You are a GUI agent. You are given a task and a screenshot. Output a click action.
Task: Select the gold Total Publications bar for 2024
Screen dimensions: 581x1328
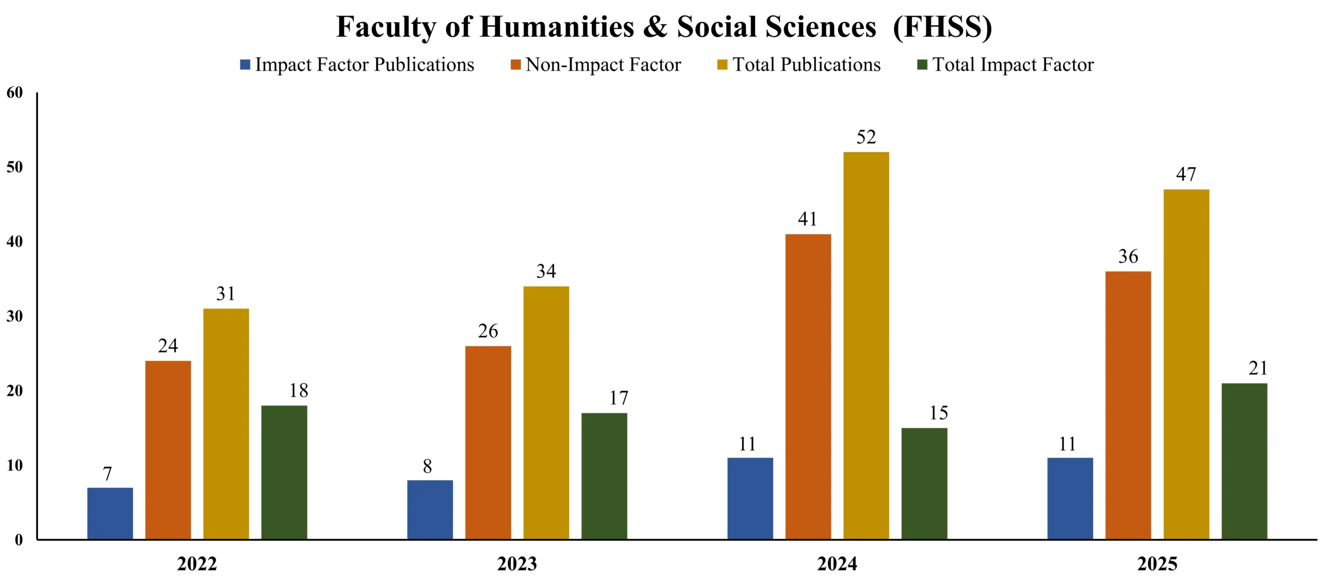click(866, 345)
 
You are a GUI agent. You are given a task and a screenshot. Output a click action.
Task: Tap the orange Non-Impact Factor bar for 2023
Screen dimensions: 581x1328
click(488, 442)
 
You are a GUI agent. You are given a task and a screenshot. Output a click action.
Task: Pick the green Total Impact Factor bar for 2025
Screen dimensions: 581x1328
click(1244, 461)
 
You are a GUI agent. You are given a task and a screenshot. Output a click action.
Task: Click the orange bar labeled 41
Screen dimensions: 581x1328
click(808, 386)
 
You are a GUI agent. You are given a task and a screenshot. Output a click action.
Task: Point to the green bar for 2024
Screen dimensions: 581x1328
click(924, 483)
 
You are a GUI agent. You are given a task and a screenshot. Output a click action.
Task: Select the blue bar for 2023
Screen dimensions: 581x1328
click(430, 509)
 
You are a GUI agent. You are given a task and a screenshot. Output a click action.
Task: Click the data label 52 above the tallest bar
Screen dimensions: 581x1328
click(866, 137)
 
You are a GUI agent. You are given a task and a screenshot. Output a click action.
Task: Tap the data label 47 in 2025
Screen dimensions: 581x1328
click(1186, 174)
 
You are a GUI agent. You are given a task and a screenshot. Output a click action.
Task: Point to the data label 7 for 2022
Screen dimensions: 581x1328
click(107, 474)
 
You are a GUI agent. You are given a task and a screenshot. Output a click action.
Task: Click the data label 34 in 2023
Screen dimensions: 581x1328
click(546, 271)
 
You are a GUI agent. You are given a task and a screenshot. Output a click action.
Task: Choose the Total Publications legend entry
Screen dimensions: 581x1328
click(806, 64)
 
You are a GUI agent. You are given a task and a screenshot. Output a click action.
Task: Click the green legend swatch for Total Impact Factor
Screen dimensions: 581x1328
click(922, 64)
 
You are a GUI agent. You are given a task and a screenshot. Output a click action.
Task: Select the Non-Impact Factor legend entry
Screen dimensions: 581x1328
click(603, 64)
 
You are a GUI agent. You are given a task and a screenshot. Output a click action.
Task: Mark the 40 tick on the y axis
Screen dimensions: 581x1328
click(15, 241)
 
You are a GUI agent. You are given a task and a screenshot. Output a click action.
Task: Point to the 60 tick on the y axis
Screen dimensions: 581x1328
click(15, 92)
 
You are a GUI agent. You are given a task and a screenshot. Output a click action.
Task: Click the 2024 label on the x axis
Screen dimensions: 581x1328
click(837, 564)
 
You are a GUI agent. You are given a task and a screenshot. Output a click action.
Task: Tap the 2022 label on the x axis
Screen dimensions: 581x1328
click(197, 564)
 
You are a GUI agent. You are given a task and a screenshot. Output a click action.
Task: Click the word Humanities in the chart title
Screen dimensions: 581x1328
click(557, 27)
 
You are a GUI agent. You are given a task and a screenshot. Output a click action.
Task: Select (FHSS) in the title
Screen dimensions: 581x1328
click(942, 27)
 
